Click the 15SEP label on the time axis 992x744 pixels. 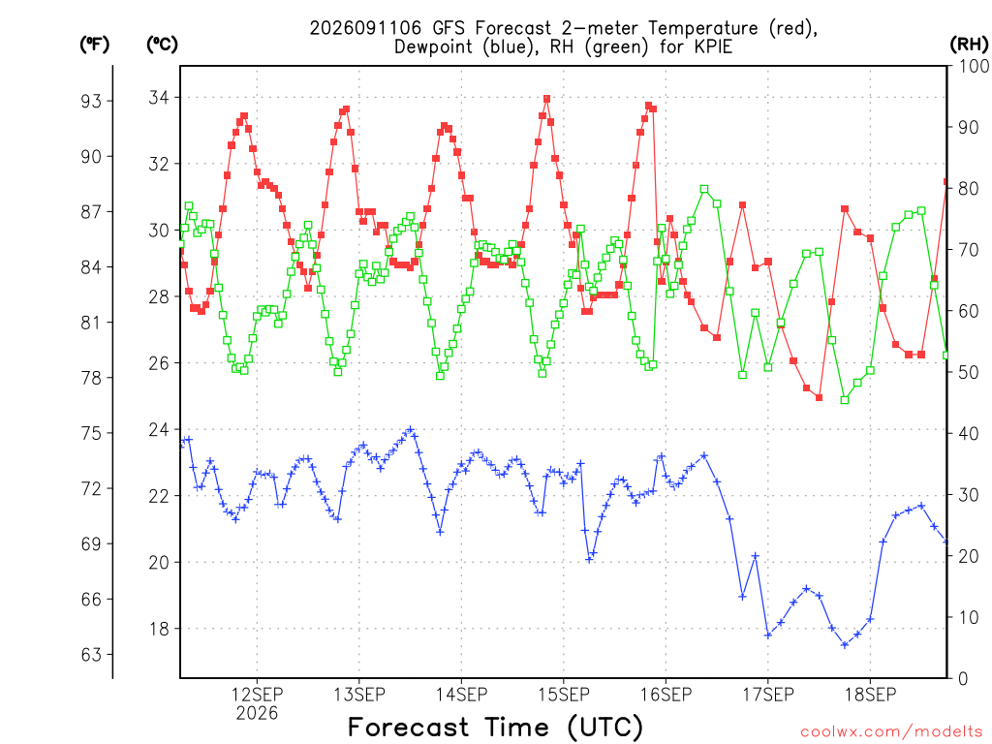[564, 695]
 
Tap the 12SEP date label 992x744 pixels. [257, 695]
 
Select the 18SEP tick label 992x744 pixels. [871, 695]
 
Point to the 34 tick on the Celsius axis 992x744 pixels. [162, 98]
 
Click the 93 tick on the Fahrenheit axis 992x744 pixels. [91, 101]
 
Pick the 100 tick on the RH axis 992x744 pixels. [973, 66]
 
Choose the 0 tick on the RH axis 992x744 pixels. [963, 679]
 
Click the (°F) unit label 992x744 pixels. [94, 45]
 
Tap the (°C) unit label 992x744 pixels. [162, 45]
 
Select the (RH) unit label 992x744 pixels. [969, 45]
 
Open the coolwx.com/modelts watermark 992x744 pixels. [891, 732]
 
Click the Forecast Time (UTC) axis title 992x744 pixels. [495, 727]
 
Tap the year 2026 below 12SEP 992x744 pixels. [257, 714]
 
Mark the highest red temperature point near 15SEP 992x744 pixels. [546, 100]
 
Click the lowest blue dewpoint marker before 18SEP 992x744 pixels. [845, 644]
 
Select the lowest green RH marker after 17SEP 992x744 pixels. [845, 400]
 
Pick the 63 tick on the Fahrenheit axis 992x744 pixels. [91, 654]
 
